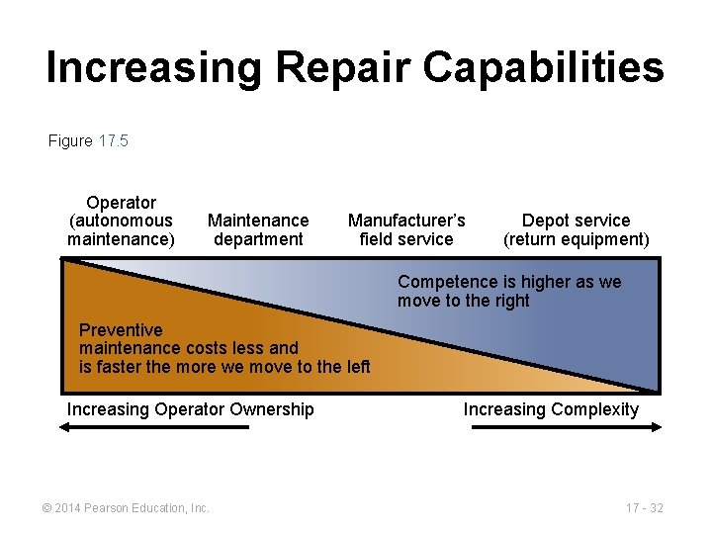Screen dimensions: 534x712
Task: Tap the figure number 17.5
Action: [114, 140]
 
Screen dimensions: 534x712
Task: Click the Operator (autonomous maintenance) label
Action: [121, 221]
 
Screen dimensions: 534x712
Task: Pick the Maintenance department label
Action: [258, 229]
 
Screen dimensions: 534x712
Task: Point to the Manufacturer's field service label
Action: [406, 229]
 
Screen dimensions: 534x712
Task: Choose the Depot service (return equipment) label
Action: [576, 229]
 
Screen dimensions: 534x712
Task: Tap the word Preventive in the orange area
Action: [121, 329]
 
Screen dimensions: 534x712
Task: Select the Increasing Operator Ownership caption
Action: [190, 409]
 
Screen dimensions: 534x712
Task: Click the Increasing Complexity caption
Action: [551, 409]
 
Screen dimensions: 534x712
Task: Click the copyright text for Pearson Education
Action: [125, 508]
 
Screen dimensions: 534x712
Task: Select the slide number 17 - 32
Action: [644, 508]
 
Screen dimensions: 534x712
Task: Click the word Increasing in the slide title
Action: [154, 67]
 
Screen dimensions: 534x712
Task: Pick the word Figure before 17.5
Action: [70, 140]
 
